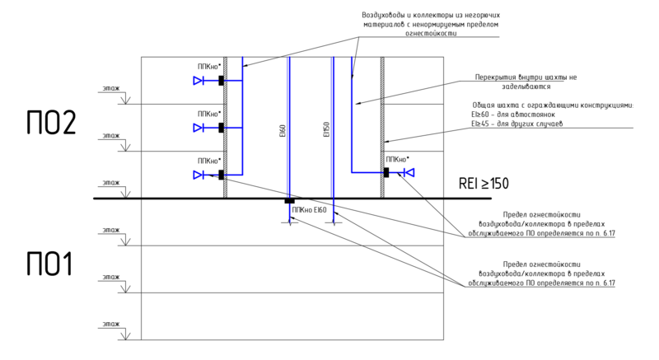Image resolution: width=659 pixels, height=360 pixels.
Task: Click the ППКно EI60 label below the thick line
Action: click(x=309, y=211)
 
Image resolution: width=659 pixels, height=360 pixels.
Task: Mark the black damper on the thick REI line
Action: click(x=289, y=199)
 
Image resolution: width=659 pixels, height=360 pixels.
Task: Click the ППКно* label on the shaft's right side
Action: click(x=397, y=159)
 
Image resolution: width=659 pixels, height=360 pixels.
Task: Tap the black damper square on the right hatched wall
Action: click(x=386, y=172)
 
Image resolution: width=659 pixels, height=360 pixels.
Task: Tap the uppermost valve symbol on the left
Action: click(x=199, y=81)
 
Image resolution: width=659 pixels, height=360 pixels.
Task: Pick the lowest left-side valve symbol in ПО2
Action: click(x=199, y=174)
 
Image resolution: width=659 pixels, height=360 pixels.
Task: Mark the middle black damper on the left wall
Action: click(x=221, y=128)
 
